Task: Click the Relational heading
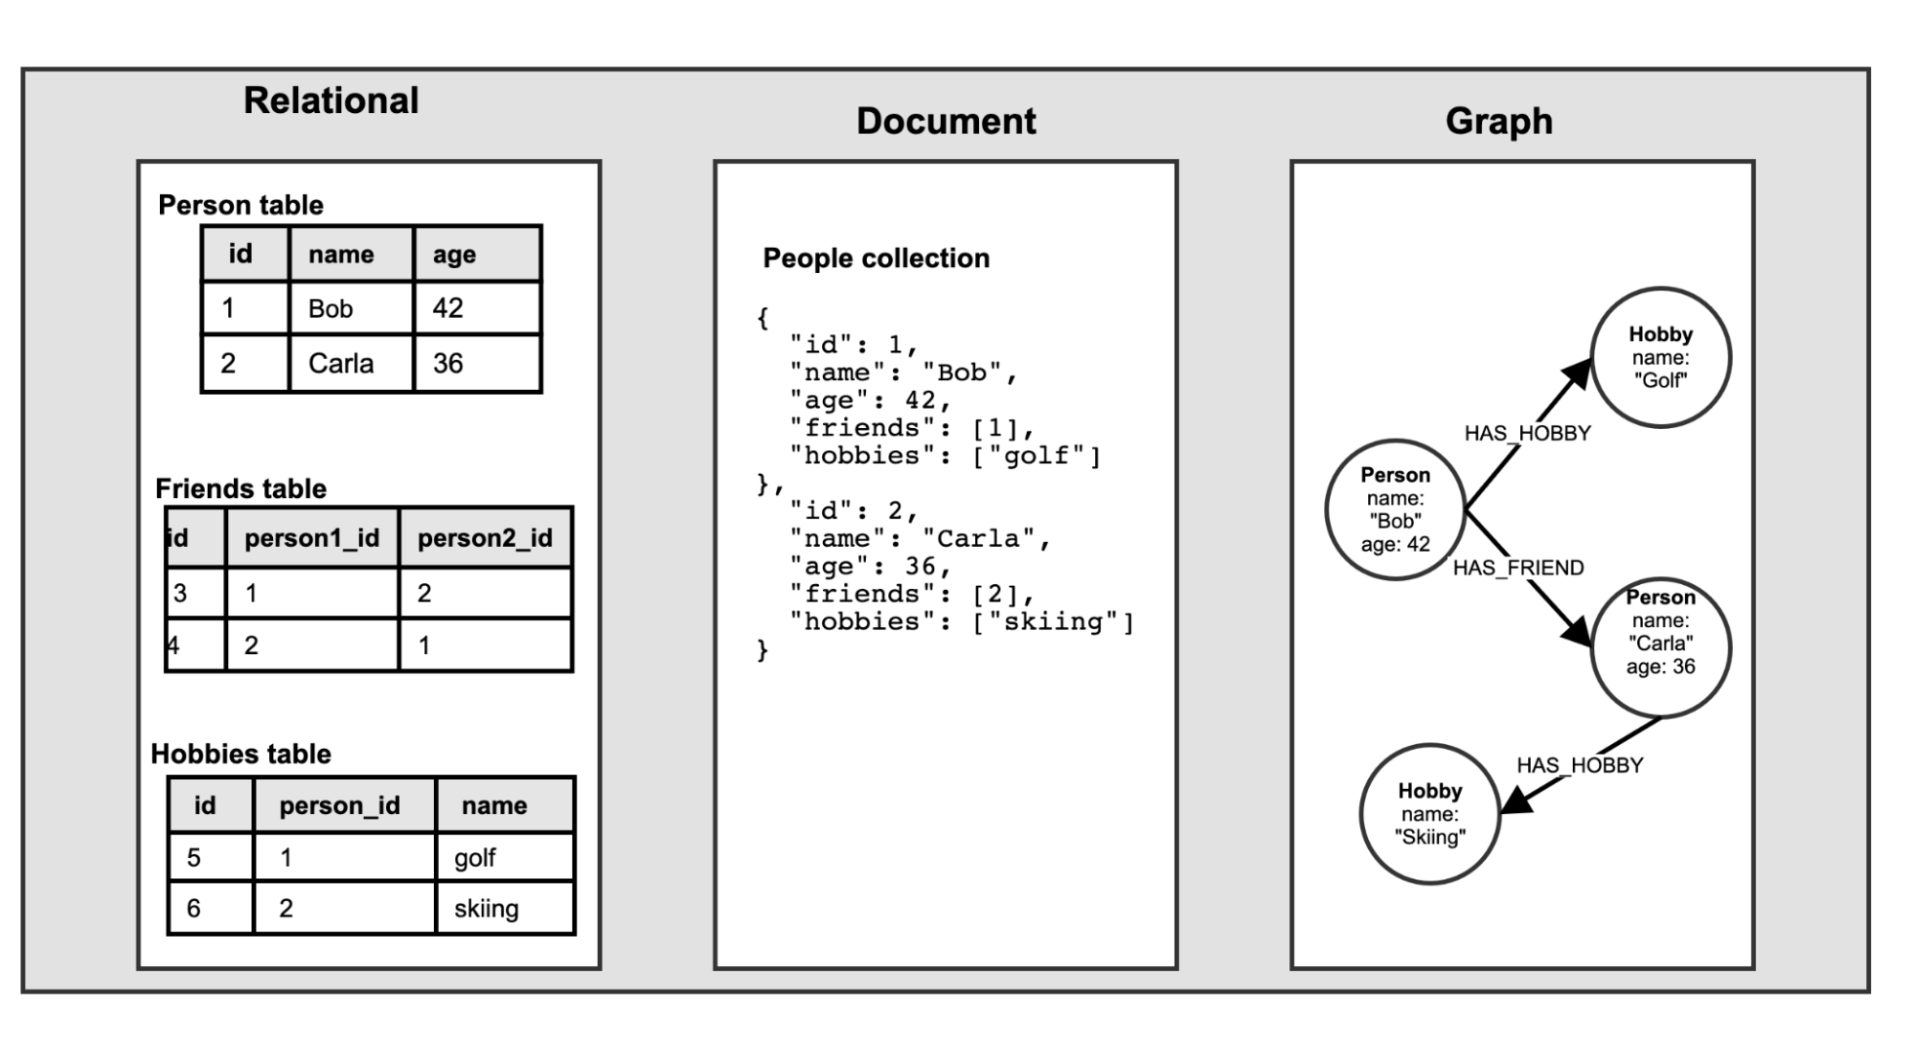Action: (x=331, y=101)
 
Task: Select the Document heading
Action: (x=946, y=122)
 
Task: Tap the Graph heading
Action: (x=1498, y=122)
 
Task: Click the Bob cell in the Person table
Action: (x=331, y=308)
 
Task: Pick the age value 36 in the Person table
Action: (x=447, y=363)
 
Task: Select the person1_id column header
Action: (x=311, y=538)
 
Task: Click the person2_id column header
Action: (x=485, y=538)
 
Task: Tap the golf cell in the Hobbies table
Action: (x=474, y=858)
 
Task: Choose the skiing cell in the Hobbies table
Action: (x=486, y=909)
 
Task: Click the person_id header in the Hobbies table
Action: (x=339, y=805)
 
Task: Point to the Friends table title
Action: (x=240, y=488)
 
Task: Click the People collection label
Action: (x=876, y=259)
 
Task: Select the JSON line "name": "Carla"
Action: (x=920, y=539)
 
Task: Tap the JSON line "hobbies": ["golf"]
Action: (x=945, y=456)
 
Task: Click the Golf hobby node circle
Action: (x=1660, y=357)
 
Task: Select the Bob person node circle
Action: (x=1395, y=509)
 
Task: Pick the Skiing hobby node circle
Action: (x=1429, y=814)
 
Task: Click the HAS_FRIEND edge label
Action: (x=1517, y=568)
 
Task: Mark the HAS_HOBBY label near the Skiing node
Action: (x=1579, y=765)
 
